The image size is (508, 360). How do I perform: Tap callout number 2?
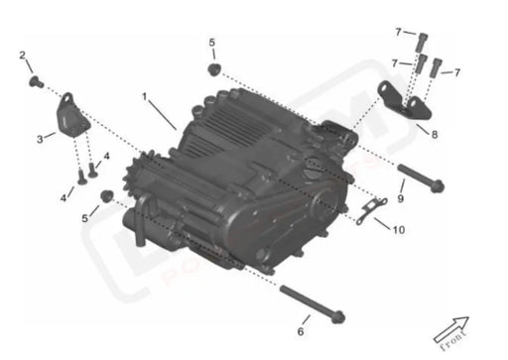coord(23,56)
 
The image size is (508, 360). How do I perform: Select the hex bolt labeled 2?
coord(35,79)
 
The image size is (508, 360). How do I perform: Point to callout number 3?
coord(40,138)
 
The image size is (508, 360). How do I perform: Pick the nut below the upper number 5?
coord(212,68)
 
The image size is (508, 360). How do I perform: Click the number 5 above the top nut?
coord(211,43)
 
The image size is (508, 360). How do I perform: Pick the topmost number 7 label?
coord(398,32)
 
